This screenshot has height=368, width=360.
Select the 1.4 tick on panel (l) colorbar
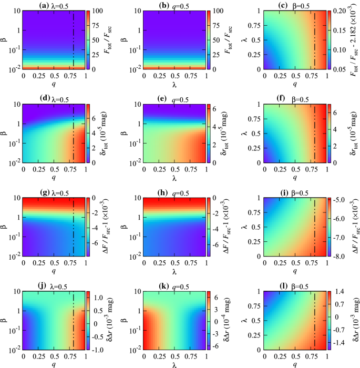coord(338,291)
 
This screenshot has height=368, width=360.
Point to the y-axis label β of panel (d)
coord(5,134)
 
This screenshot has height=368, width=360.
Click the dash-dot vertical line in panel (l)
coord(315,321)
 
